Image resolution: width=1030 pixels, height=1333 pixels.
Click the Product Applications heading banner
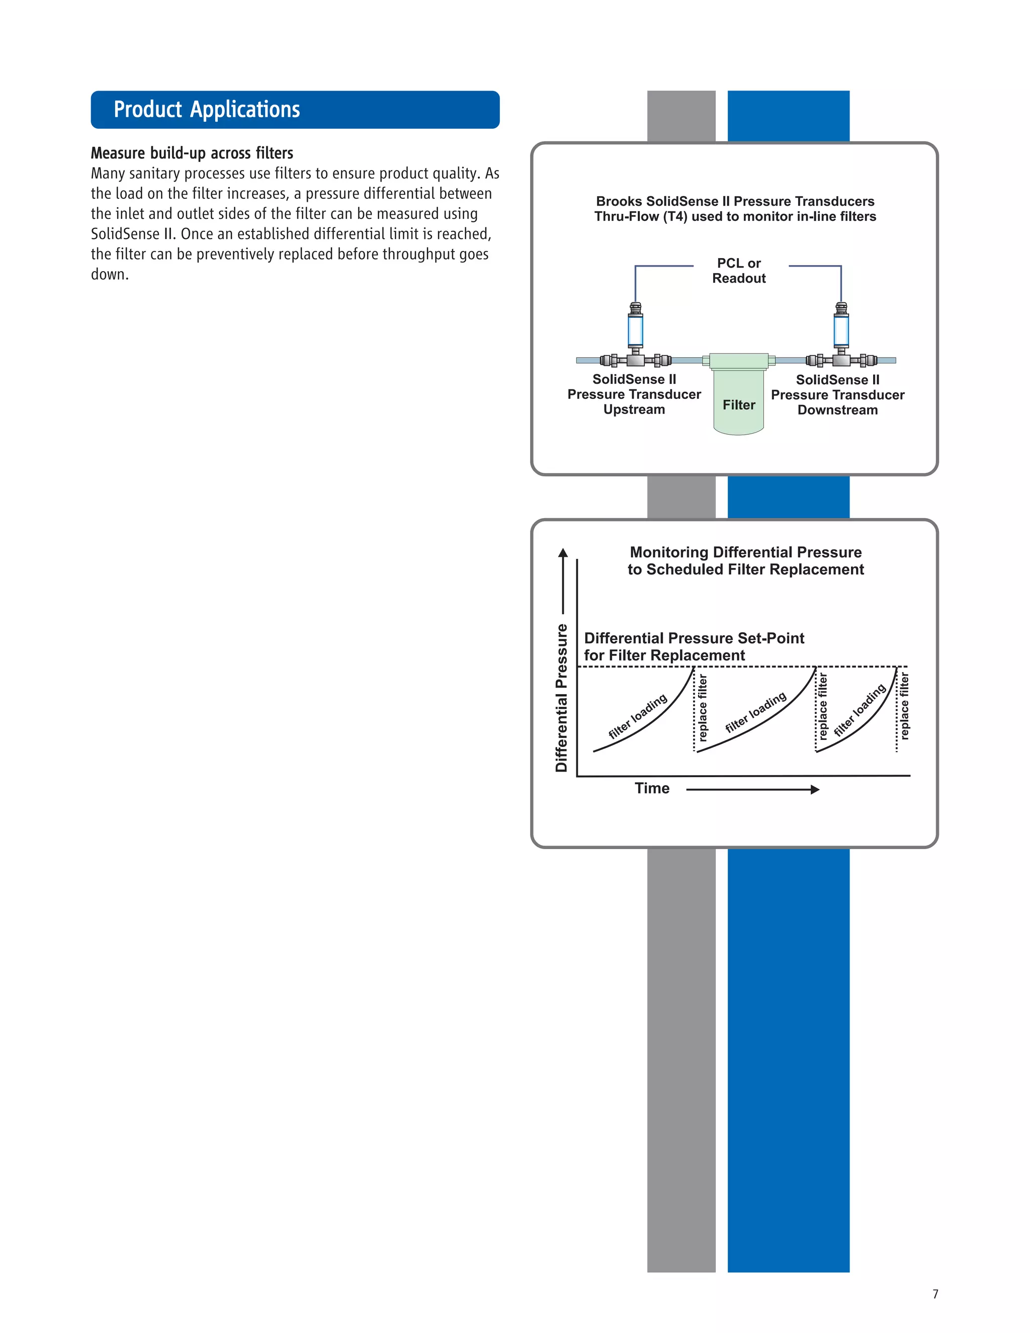pyautogui.click(x=295, y=110)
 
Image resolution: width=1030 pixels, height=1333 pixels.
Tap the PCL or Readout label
pyautogui.click(x=738, y=271)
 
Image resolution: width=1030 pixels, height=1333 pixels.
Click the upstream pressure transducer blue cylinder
pyautogui.click(x=635, y=329)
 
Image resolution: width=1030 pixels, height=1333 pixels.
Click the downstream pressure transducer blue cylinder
pyautogui.click(x=841, y=329)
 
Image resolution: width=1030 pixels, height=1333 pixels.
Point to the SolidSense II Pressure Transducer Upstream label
pyautogui.click(x=634, y=394)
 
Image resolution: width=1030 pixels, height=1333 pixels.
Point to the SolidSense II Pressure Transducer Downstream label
pyautogui.click(x=837, y=395)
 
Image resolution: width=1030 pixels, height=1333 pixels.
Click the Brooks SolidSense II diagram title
pyautogui.click(x=735, y=209)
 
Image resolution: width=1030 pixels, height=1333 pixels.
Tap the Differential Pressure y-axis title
pyautogui.click(x=561, y=698)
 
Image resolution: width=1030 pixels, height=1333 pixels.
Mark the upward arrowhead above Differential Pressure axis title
pyautogui.click(x=563, y=553)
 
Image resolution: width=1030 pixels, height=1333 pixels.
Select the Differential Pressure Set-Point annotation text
pyautogui.click(x=694, y=646)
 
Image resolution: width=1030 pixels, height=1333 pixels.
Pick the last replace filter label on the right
pyautogui.click(x=904, y=706)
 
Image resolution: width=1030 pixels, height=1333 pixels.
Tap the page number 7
pyautogui.click(x=935, y=1294)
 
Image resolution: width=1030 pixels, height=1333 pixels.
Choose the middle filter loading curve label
pyautogui.click(x=755, y=712)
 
